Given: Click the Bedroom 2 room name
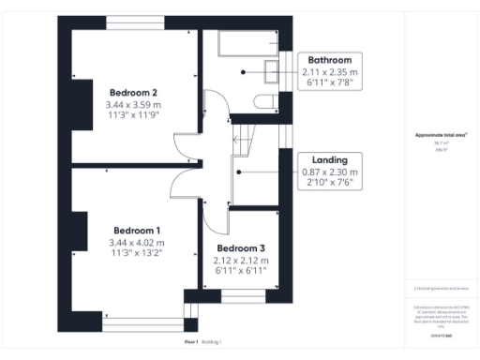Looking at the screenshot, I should click(133, 92).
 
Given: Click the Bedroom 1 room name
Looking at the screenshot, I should click(137, 231).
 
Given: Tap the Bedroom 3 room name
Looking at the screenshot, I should click(242, 247).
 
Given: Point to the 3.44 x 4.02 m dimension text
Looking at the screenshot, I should click(137, 243).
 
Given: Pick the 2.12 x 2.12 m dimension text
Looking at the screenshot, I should click(242, 260).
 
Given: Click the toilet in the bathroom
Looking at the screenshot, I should click(263, 100).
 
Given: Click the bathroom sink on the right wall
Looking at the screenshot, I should click(273, 70).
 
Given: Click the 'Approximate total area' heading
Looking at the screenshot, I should click(441, 135).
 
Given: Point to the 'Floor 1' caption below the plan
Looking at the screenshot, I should click(191, 342).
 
